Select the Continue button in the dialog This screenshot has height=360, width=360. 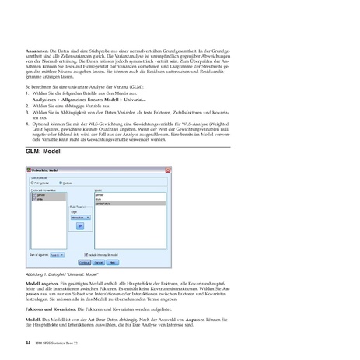pos(84,262)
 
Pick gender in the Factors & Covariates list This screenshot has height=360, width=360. pos(42,194)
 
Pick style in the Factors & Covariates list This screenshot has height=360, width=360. pos(40,198)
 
